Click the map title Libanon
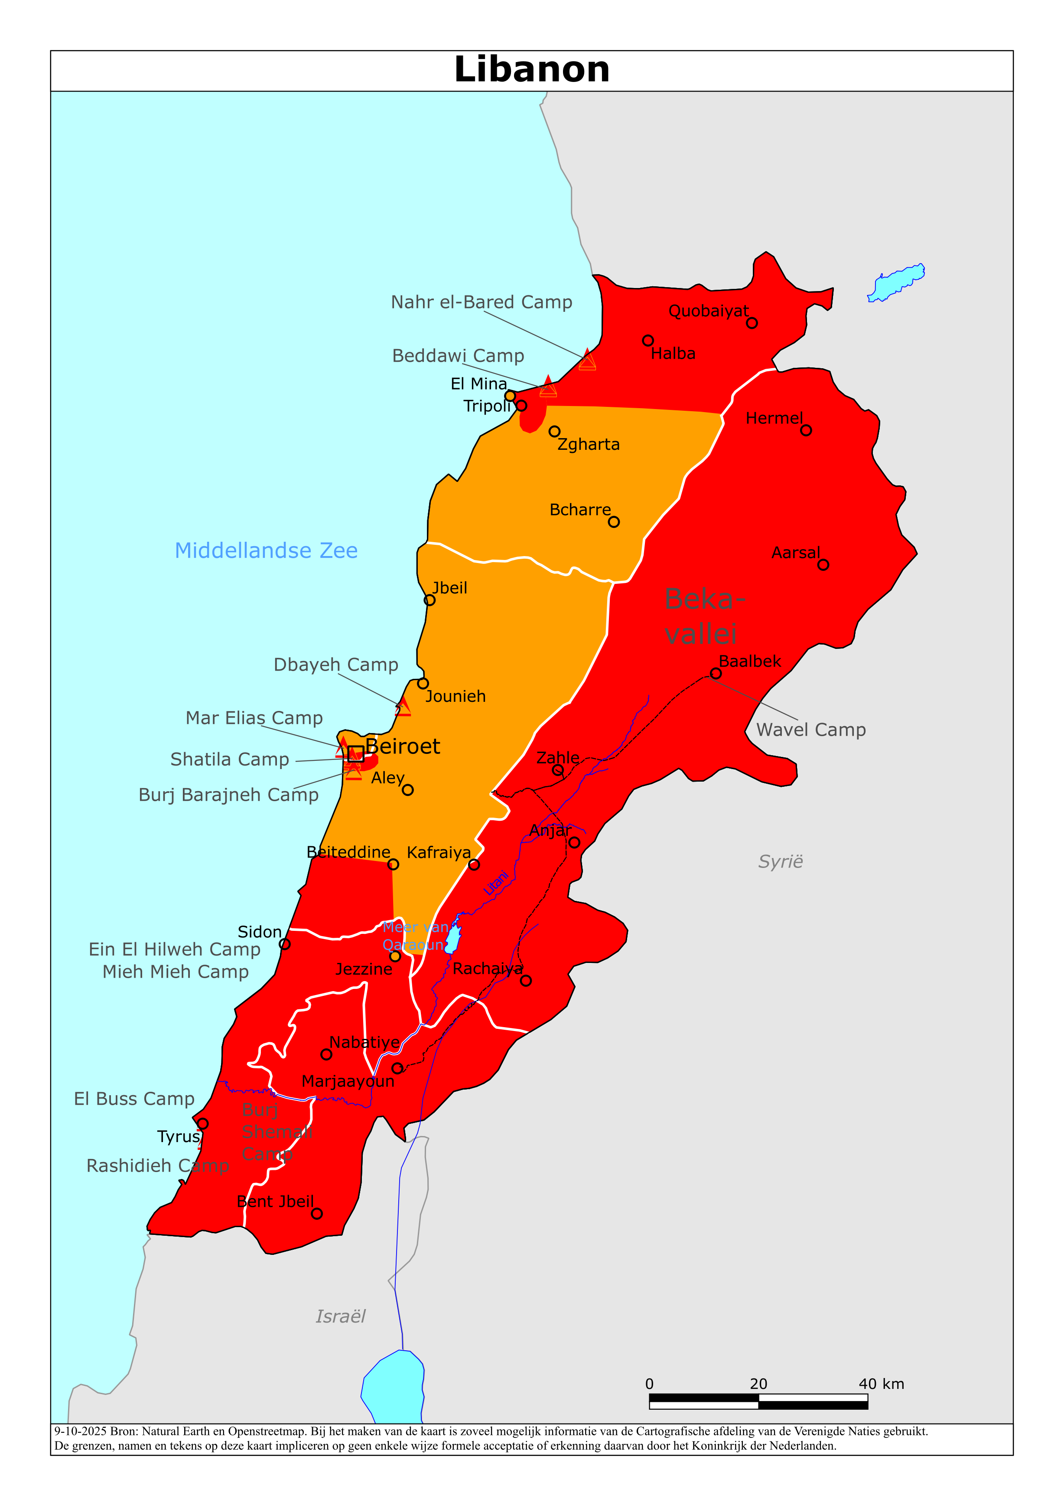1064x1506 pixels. click(x=532, y=69)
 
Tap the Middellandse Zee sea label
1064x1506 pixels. click(x=266, y=550)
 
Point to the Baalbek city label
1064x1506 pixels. click(x=749, y=661)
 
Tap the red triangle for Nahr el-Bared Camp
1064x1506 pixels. click(x=587, y=360)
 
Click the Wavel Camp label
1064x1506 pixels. click(x=810, y=730)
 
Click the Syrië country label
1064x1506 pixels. click(x=780, y=861)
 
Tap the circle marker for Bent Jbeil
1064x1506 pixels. click(x=317, y=1214)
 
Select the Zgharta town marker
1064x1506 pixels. click(x=555, y=431)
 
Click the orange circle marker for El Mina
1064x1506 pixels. click(x=510, y=396)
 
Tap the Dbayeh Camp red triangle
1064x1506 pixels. click(x=403, y=707)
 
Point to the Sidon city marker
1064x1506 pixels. click(x=284, y=944)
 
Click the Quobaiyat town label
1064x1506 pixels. click(x=708, y=311)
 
